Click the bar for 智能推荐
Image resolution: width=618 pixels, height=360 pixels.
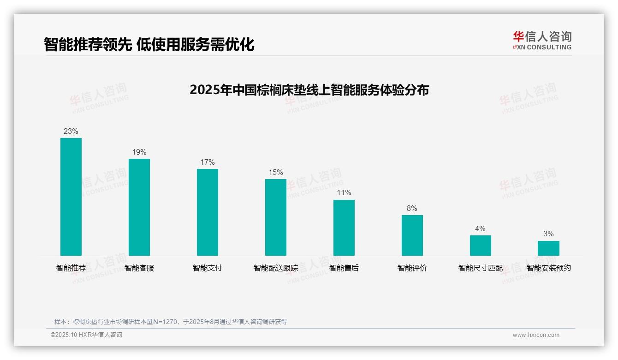click(71, 197)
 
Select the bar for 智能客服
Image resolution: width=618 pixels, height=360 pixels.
click(139, 207)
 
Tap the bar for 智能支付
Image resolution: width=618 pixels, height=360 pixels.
click(208, 212)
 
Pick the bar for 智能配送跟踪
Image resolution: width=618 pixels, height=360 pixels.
click(276, 217)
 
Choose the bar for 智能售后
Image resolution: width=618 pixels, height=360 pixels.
click(344, 228)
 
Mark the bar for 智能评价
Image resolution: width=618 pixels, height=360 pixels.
click(412, 235)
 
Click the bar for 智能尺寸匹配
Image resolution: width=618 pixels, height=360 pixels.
click(481, 246)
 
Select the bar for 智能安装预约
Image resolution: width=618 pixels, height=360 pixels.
click(548, 248)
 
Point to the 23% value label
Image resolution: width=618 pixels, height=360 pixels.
click(71, 132)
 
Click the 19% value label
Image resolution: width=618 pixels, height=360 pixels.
click(139, 152)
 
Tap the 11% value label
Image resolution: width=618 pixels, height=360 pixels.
click(344, 193)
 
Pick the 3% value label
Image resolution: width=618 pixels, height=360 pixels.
click(548, 234)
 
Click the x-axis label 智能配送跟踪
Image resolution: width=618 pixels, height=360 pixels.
click(276, 268)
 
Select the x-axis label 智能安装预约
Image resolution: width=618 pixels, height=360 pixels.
click(548, 268)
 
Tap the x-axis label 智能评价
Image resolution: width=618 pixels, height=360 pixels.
click(412, 268)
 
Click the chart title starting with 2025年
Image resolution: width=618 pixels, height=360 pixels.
click(309, 90)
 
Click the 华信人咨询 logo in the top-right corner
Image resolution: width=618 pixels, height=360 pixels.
click(542, 40)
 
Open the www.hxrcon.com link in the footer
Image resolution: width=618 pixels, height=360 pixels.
click(536, 335)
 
